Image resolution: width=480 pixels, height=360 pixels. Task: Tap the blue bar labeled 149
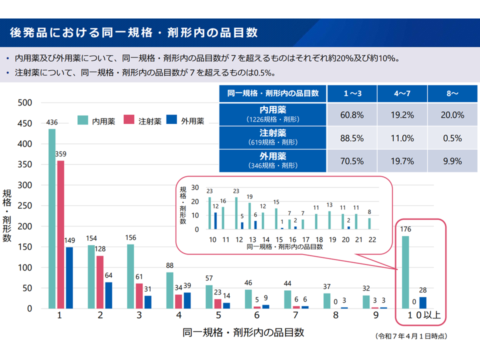click(69, 277)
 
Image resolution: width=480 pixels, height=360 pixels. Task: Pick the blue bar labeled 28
click(422, 302)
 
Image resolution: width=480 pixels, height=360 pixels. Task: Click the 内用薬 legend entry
click(97, 120)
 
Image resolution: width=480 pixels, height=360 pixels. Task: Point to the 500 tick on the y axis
click(25, 103)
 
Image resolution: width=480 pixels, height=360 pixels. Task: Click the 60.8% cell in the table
click(352, 115)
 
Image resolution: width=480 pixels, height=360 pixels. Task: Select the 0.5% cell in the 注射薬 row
click(452, 138)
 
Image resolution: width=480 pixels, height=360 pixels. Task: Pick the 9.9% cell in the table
click(452, 161)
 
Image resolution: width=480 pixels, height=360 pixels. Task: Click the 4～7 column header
click(402, 93)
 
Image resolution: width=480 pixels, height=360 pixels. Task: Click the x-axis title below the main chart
click(243, 332)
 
